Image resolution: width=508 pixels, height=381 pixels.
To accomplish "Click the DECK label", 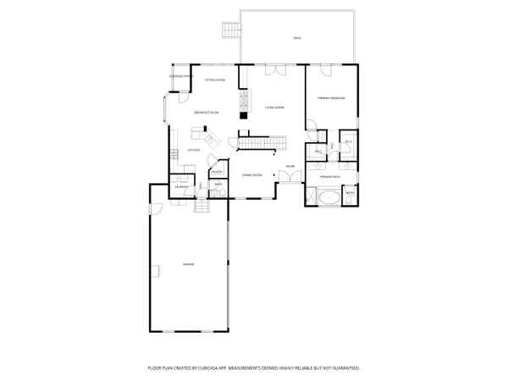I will coord(297,39).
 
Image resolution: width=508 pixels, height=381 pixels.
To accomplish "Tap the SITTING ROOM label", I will coord(214,79).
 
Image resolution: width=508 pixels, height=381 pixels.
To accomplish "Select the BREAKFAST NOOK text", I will coord(207,112).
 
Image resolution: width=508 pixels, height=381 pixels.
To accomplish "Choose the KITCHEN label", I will coord(193,150).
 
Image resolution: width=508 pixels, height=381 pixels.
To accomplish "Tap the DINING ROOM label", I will coord(252,174).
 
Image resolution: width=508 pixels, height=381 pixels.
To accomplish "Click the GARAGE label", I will coord(188,265).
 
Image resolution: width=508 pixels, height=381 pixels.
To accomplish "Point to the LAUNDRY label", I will coord(182,186).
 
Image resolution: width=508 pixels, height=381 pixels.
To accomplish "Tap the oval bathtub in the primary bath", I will coord(328,197).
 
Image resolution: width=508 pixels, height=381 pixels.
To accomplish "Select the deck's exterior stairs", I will coord(229,32).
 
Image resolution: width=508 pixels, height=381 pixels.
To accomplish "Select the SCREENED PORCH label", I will coord(181,76).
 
